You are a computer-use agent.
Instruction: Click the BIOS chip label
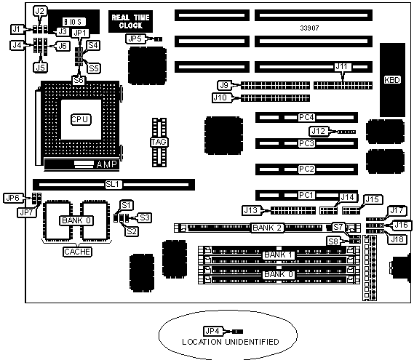(x=73, y=22)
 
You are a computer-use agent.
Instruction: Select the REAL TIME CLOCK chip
(x=130, y=21)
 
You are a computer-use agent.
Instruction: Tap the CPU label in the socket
(x=81, y=119)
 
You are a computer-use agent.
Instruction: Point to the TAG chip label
(x=159, y=143)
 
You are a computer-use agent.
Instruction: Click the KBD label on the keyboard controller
(x=392, y=80)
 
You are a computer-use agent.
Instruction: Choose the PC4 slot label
(x=306, y=117)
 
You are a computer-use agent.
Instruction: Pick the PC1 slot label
(x=306, y=195)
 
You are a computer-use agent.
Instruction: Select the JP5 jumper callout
(x=135, y=39)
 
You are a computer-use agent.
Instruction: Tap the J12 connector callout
(x=319, y=131)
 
